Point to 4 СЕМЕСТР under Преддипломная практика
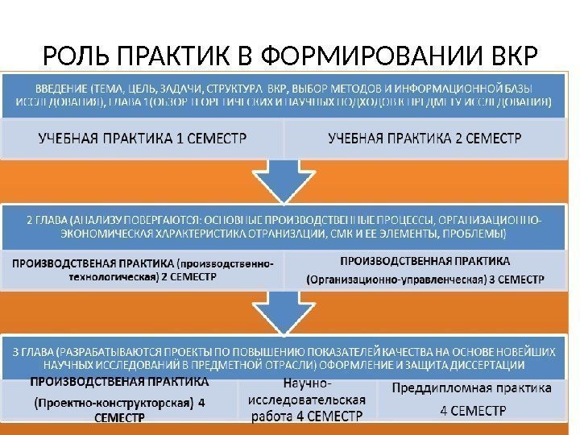[x=472, y=410]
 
